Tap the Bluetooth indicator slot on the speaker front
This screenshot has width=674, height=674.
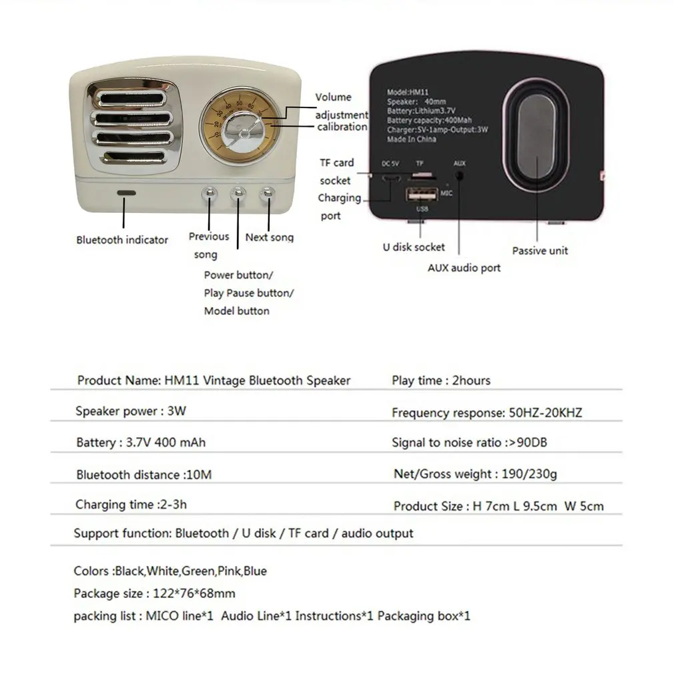click(125, 193)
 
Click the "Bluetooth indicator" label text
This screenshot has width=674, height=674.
click(122, 240)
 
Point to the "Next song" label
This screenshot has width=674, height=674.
click(269, 237)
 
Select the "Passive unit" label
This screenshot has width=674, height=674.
click(540, 251)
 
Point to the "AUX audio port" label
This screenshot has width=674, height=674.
click(464, 268)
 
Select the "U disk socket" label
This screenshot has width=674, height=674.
click(414, 247)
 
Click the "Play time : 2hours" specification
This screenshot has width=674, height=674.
click(441, 380)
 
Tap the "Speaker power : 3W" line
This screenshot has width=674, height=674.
click(131, 411)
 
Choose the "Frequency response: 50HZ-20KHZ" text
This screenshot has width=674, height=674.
click(486, 413)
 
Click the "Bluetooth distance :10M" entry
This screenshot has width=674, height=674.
click(143, 475)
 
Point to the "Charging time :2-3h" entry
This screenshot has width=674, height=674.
click(131, 504)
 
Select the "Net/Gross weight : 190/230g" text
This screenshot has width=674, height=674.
click(475, 474)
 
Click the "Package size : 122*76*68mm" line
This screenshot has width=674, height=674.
click(154, 593)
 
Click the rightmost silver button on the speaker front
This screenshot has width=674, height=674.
click(268, 194)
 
